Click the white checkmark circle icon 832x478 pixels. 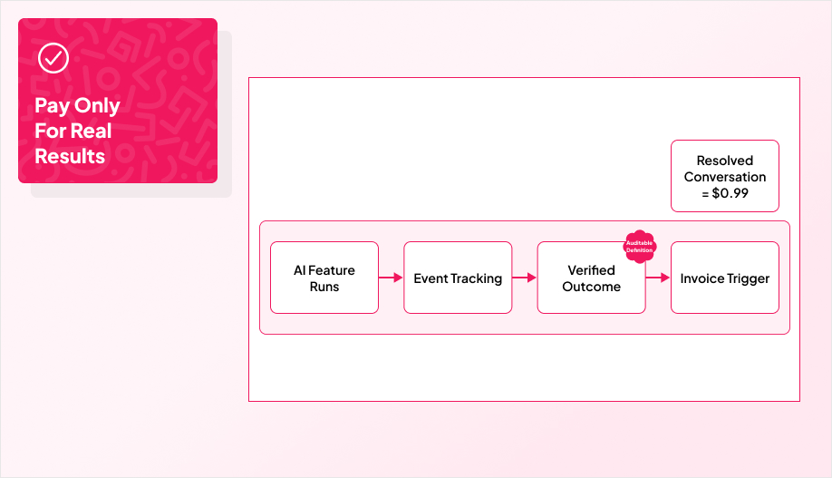[53, 59]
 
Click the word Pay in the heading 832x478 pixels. [53, 105]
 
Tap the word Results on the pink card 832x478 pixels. [70, 156]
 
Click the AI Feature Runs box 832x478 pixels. [324, 278]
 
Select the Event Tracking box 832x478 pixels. [458, 278]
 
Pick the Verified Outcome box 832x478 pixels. [591, 278]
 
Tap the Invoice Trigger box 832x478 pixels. [724, 278]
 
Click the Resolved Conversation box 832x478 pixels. [724, 176]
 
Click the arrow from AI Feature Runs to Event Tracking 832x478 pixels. [391, 278]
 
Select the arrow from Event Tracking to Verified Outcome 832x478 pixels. [524, 278]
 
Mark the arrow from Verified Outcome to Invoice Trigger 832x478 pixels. [657, 278]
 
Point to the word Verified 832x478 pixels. [591, 270]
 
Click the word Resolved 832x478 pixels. [725, 161]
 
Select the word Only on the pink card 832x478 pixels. [97, 105]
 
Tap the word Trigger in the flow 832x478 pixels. [748, 278]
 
